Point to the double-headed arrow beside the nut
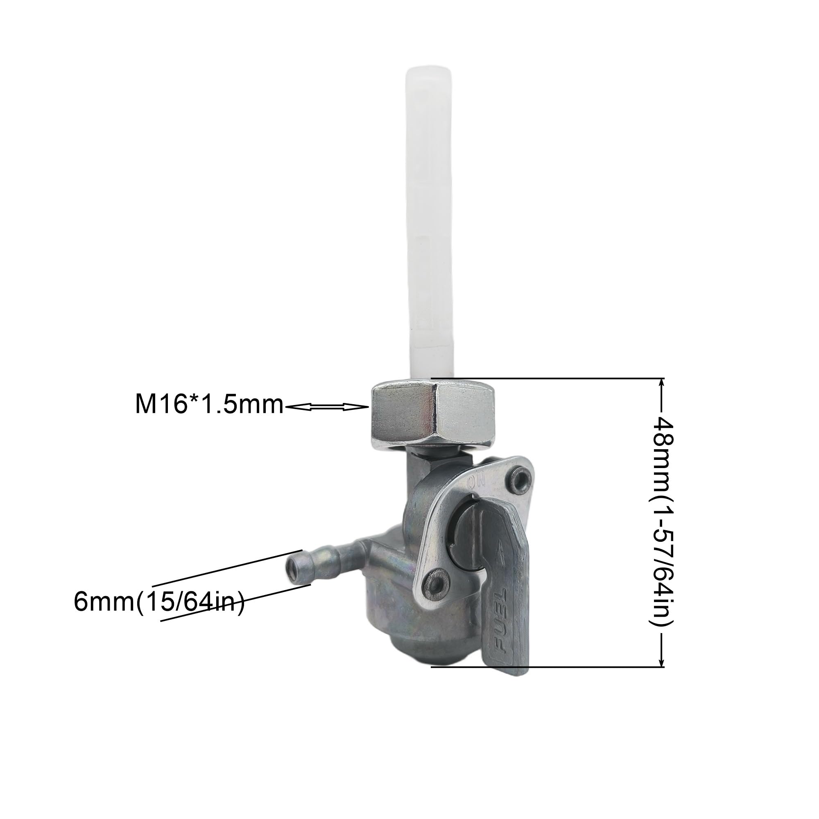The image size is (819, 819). [x=326, y=407]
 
